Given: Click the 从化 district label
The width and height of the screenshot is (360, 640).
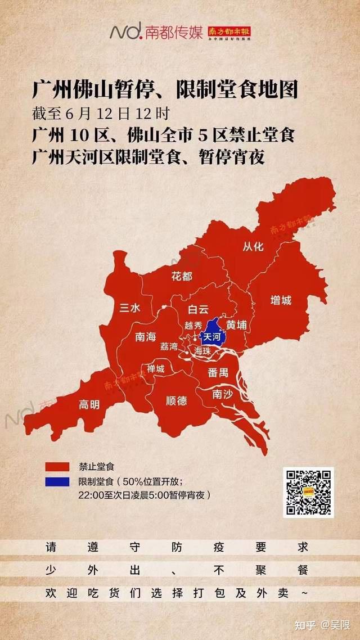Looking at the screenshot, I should click(x=253, y=246).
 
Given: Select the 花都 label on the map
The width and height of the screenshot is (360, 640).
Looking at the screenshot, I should click(x=182, y=276).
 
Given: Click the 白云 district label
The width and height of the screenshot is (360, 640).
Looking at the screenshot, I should click(x=198, y=309).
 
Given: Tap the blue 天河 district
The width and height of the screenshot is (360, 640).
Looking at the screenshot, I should click(x=211, y=336).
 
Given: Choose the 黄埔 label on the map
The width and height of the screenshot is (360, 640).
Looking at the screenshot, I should click(x=236, y=325).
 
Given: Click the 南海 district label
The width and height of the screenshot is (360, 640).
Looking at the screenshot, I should click(x=146, y=337).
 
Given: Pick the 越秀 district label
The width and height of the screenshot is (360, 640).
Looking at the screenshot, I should click(x=193, y=326).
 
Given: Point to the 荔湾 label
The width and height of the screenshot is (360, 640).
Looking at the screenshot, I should click(x=168, y=346).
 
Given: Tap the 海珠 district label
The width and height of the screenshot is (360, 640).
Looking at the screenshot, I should click(x=202, y=350).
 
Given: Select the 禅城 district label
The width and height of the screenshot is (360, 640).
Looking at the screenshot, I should click(x=156, y=369).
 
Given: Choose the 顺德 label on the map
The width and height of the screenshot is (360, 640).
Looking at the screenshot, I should click(x=177, y=401).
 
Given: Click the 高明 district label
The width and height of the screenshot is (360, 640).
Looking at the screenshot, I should click(x=89, y=404).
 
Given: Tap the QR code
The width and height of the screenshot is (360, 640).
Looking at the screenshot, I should click(x=308, y=492).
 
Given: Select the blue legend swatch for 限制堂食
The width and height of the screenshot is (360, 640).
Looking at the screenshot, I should click(x=58, y=482).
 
